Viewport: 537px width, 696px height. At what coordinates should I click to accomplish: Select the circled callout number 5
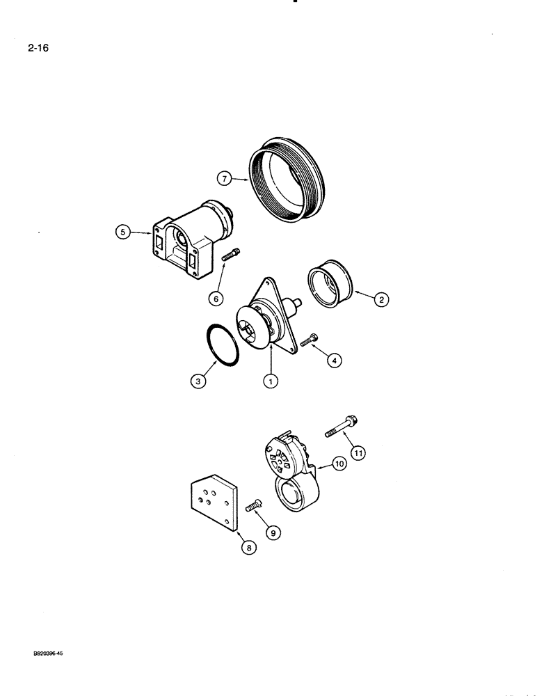pos(123,233)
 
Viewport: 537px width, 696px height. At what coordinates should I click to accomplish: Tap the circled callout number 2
pos(380,299)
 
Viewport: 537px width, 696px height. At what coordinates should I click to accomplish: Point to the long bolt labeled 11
pos(342,426)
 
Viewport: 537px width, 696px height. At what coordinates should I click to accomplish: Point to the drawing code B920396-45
pos(52,655)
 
